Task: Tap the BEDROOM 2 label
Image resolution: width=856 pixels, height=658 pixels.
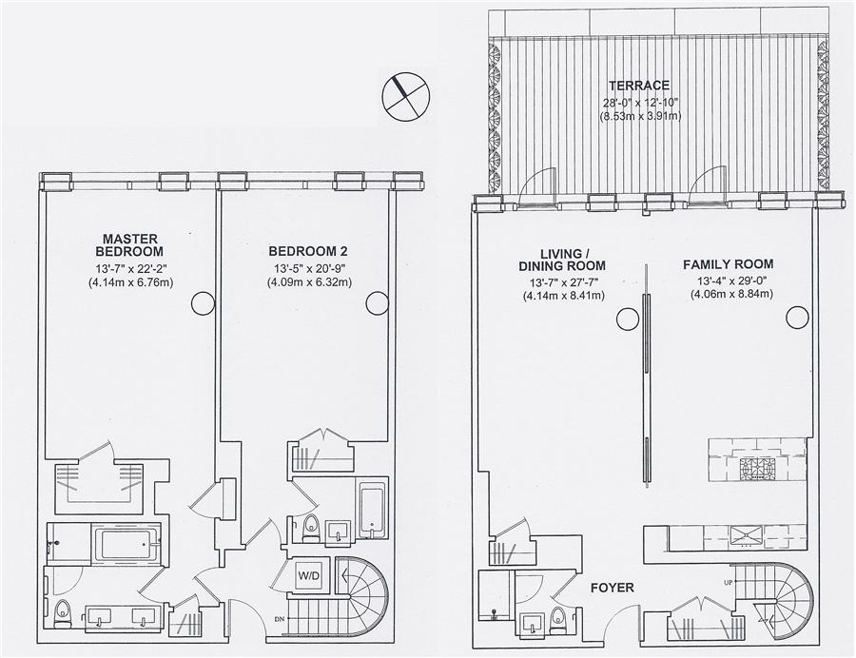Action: coord(301,251)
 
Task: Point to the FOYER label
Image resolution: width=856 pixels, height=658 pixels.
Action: coord(611,589)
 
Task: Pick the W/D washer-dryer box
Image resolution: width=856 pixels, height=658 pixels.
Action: coord(308,575)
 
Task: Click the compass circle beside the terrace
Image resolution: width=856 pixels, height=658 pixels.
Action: coord(405,95)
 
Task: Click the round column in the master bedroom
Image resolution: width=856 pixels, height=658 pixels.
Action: coord(203,303)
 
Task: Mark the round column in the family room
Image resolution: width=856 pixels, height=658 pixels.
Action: coord(800,317)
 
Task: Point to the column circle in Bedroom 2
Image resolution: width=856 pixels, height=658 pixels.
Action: coord(377,303)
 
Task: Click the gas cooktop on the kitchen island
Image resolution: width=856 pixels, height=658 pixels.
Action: coord(757,468)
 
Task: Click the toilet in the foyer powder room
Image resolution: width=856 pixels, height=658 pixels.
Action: coord(559,621)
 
